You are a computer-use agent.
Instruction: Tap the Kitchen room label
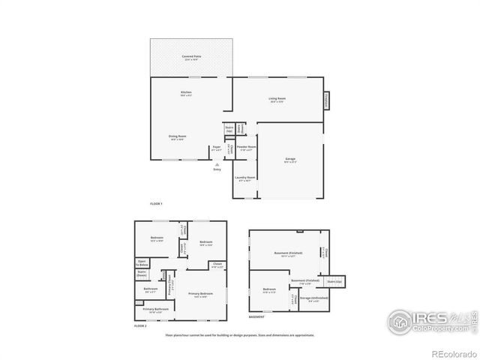click(186, 94)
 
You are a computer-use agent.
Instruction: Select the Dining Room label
click(178, 137)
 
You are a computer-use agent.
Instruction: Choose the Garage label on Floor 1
click(290, 160)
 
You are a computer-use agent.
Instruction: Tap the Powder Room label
click(247, 148)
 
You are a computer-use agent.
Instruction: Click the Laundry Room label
click(246, 179)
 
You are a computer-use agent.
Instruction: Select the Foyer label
click(216, 148)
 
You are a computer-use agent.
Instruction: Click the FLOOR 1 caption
click(156, 203)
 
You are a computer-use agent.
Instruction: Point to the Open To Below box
click(142, 264)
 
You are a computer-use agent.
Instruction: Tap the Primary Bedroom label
click(201, 294)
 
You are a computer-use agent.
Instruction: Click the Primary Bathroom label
click(156, 309)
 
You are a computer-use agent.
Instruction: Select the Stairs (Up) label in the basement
click(334, 281)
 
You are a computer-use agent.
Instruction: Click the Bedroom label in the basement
click(269, 289)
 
